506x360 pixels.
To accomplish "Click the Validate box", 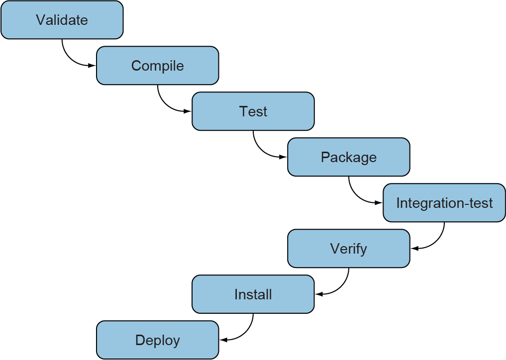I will coord(62,20).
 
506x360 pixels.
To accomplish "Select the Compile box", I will coord(157,66).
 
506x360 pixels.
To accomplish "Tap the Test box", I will coord(253,111).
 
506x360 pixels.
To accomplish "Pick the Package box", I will coord(348,157).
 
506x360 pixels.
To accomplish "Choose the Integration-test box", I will coord(444,203).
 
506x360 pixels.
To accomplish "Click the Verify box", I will coord(348,249).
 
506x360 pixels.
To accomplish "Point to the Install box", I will coord(253,294).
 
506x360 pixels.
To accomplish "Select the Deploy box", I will coord(157,340).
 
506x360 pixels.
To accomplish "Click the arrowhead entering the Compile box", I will coord(92,66).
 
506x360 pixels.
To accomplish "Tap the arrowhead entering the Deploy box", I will coord(223,340).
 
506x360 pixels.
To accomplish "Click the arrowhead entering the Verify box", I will coord(414,249).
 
